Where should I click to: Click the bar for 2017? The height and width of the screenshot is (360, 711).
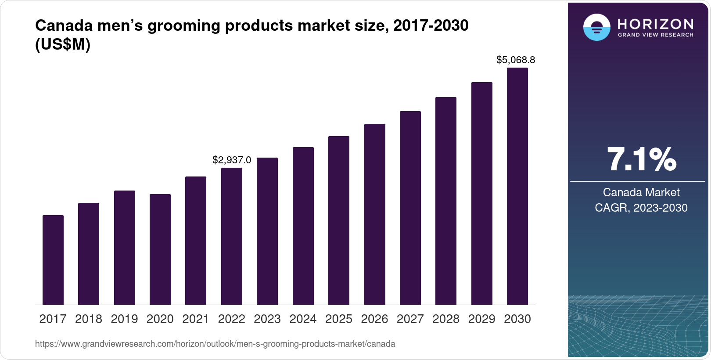coord(53,260)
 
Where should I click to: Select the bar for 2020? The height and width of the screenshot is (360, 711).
coord(160,249)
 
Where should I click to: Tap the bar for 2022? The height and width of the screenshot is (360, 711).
coord(232,236)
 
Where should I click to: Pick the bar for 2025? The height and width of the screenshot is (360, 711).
coord(339,220)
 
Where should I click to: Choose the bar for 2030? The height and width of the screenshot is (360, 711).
coord(517,186)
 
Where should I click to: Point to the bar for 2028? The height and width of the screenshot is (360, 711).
coord(446,201)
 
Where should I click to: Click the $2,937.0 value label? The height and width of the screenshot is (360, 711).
coord(232,160)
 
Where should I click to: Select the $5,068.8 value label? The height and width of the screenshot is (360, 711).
coord(516,60)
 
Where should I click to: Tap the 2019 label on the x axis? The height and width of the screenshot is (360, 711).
coord(124,319)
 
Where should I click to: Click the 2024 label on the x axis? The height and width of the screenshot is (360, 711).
coord(303,319)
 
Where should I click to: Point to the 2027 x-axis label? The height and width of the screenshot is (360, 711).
coord(410,319)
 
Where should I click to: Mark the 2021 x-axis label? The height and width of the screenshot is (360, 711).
coord(196,319)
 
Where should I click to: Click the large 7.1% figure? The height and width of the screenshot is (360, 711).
coord(641,159)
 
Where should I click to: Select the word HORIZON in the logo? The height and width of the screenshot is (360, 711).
coord(656,24)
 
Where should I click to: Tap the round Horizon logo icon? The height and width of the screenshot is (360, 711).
coord(596,28)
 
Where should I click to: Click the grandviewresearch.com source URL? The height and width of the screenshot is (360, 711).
coord(215,344)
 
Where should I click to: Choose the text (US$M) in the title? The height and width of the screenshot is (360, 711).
coord(63,45)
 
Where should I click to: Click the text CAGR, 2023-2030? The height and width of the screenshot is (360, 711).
coord(641,208)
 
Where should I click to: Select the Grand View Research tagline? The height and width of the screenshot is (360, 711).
coord(656,35)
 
